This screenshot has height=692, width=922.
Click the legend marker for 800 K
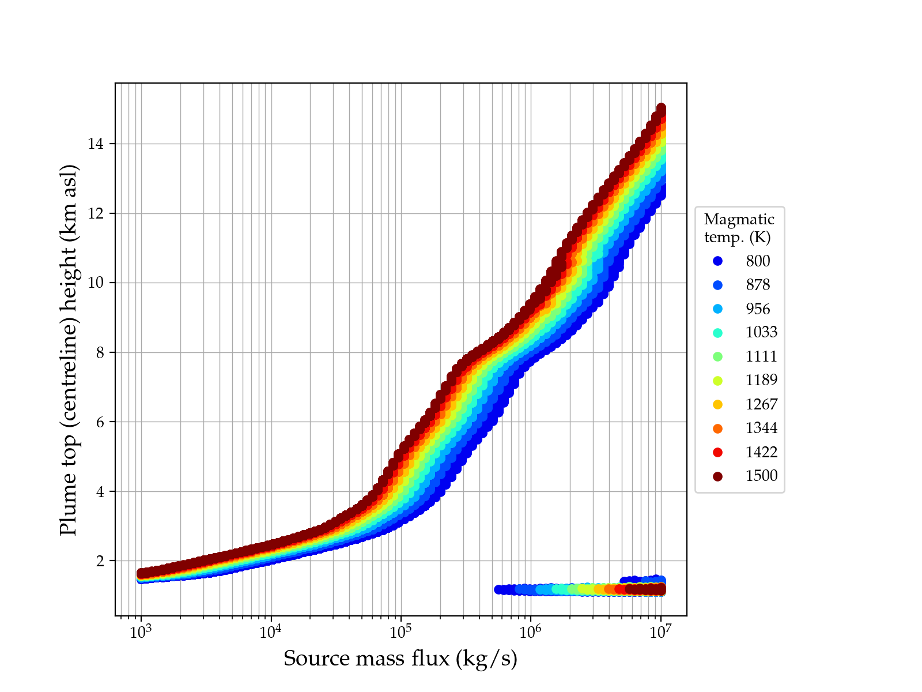pyautogui.click(x=717, y=261)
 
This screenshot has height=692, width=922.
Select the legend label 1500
pyautogui.click(x=761, y=476)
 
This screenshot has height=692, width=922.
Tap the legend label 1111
pyautogui.click(x=761, y=356)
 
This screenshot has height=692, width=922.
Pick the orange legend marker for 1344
pyautogui.click(x=717, y=428)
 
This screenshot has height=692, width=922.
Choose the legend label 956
pyautogui.click(x=758, y=309)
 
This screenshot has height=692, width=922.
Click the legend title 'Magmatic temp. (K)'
pyautogui.click(x=739, y=228)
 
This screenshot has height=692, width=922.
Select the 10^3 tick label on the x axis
pyautogui.click(x=141, y=632)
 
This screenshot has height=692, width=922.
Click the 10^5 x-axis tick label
pyautogui.click(x=401, y=632)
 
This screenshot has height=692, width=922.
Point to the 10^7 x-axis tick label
pyautogui.click(x=661, y=632)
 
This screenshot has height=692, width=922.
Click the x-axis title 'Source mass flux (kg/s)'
pyautogui.click(x=400, y=659)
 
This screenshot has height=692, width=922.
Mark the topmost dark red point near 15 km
pyautogui.click(x=661, y=108)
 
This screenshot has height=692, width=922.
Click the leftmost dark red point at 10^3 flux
pyautogui.click(x=141, y=573)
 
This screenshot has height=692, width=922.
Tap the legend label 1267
pyautogui.click(x=761, y=404)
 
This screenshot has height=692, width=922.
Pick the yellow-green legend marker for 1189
pyautogui.click(x=717, y=381)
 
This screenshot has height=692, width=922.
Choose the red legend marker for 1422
pyautogui.click(x=717, y=452)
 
